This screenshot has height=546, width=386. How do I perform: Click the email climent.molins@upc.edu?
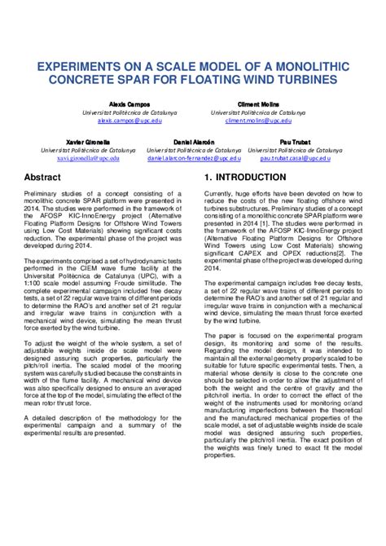pyautogui.click(x=259, y=120)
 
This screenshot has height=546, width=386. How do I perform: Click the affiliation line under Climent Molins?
pyautogui.click(x=259, y=112)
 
